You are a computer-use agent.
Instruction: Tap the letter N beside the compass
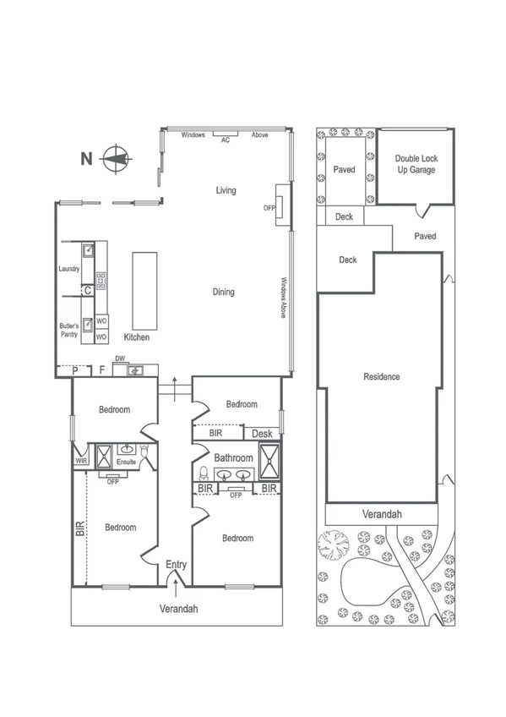(x=84, y=158)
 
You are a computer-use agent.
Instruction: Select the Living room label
(x=226, y=190)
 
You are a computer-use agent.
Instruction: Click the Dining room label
(x=223, y=293)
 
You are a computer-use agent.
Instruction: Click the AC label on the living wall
(x=225, y=140)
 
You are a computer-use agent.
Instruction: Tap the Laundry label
(x=69, y=270)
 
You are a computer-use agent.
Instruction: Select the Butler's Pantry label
(x=69, y=330)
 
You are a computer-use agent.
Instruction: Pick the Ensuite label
(x=126, y=462)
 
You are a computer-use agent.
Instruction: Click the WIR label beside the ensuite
(x=81, y=461)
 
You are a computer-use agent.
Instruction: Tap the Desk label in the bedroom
(x=263, y=434)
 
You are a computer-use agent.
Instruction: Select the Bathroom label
(x=233, y=458)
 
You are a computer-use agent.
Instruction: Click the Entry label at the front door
(x=176, y=565)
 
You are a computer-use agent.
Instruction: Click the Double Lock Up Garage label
(x=415, y=164)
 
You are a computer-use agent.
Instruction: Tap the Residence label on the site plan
(x=381, y=376)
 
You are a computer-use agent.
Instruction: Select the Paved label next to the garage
(x=425, y=236)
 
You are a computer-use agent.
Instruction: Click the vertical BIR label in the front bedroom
(x=80, y=529)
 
